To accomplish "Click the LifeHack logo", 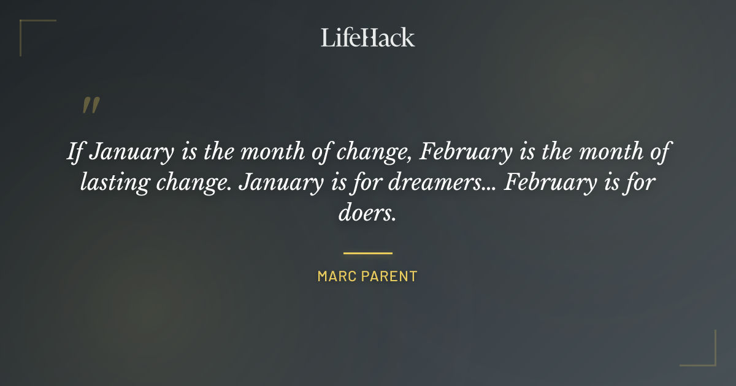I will pos(367,37).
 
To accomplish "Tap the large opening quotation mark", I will pos(90,105).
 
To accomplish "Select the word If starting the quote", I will pos(74,152).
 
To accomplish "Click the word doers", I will pos(367,214).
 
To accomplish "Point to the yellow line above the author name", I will pos(367,252).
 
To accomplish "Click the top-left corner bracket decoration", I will pos(28,28).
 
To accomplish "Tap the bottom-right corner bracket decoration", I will pos(708,358).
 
